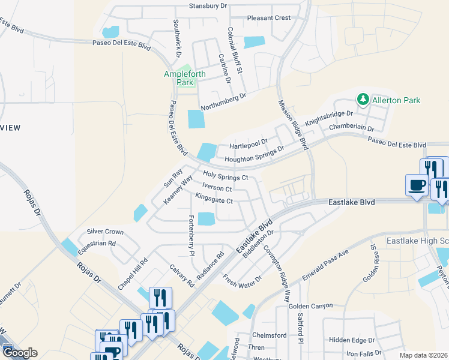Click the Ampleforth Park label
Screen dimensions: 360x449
(185, 79)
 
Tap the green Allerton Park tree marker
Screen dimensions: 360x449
(363, 99)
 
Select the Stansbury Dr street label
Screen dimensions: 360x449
(208, 6)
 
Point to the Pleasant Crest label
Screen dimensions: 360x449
(269, 18)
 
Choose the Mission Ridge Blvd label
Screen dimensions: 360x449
(293, 124)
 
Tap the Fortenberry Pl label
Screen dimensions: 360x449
(191, 236)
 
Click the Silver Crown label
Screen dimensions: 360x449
(105, 232)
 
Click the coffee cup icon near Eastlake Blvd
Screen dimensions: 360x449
(417, 185)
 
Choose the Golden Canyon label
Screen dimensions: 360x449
(310, 306)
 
